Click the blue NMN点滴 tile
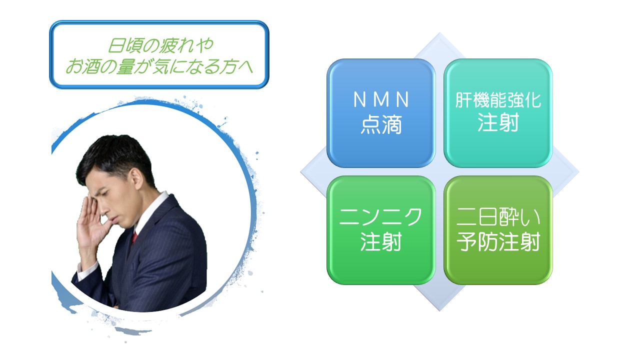(x=381, y=113)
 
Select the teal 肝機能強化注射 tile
(x=498, y=113)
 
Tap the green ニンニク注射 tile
(x=381, y=230)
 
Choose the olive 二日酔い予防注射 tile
(x=498, y=230)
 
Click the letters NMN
(x=381, y=99)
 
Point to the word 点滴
(x=381, y=124)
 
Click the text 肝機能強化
(x=498, y=100)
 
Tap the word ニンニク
(x=380, y=217)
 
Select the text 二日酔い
(x=498, y=217)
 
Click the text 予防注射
(x=498, y=241)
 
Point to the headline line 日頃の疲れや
(x=160, y=45)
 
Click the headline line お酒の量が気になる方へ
(x=159, y=66)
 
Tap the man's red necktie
(x=134, y=237)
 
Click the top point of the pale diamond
(x=439, y=32)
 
